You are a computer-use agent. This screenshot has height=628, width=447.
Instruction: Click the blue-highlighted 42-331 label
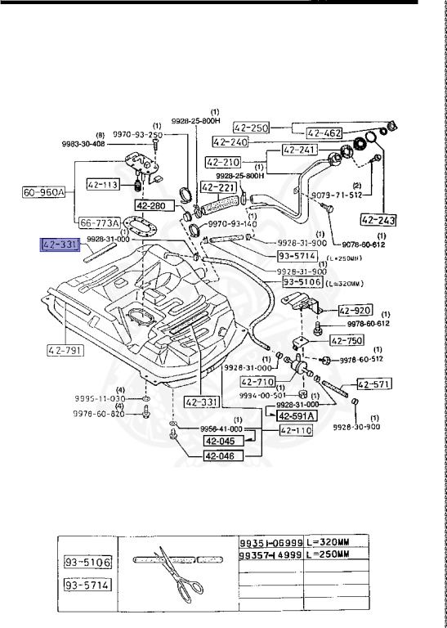coord(60,244)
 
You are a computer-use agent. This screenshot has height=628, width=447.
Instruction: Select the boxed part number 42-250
coord(251,128)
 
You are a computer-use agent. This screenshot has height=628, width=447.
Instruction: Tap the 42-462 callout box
coord(324,132)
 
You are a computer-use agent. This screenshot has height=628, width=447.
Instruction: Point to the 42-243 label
coord(378,219)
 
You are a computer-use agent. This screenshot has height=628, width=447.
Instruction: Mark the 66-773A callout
coord(99,222)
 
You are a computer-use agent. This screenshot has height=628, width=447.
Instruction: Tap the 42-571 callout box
coord(372,384)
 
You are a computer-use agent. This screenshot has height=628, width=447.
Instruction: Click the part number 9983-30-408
coord(106,144)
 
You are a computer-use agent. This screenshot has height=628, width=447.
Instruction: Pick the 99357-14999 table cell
coord(270,554)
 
